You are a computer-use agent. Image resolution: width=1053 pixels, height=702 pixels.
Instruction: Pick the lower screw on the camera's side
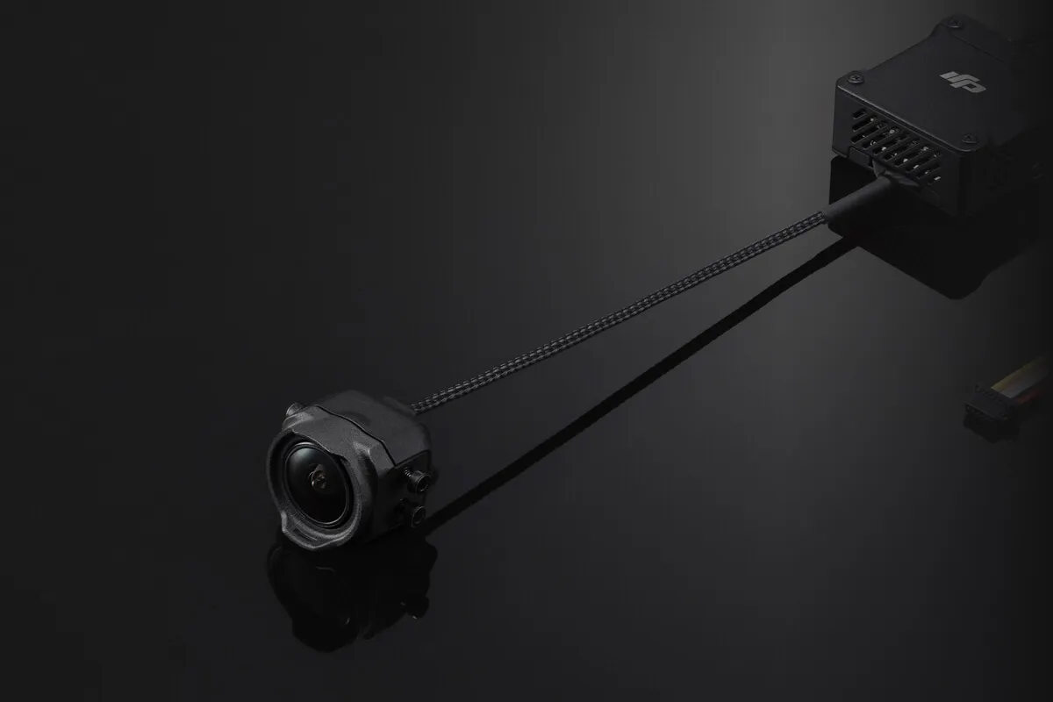[416, 513]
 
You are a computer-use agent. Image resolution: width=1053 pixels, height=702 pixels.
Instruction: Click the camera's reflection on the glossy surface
[351, 588]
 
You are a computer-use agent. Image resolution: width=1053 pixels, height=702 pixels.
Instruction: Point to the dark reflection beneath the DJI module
[921, 254]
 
